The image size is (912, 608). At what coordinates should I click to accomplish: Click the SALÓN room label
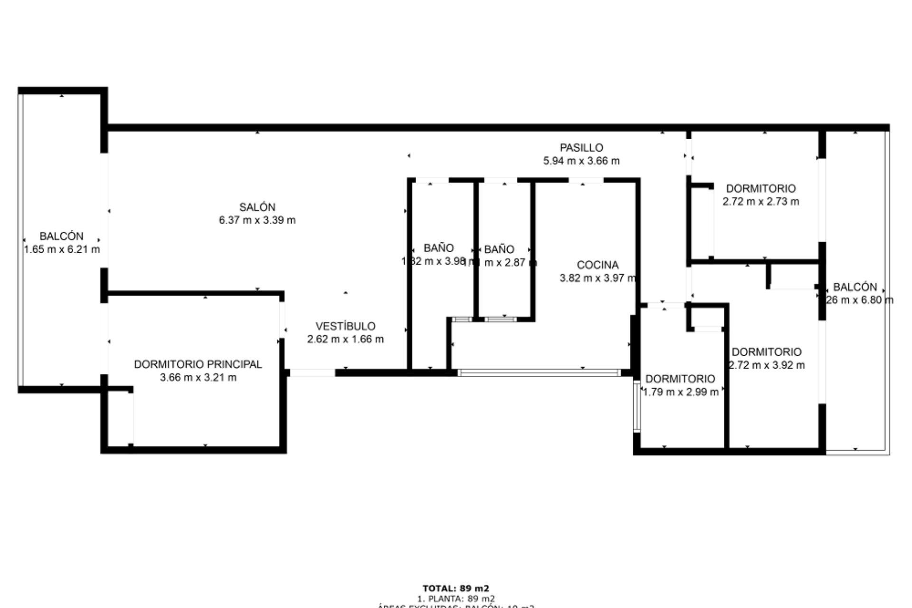[257, 207]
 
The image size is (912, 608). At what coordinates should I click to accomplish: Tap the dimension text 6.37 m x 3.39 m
[257, 220]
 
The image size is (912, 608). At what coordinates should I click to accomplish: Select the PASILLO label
[581, 148]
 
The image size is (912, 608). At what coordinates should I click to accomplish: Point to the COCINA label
[598, 265]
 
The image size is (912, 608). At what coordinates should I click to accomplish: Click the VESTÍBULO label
[345, 326]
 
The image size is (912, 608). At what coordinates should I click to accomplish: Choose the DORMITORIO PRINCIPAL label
[198, 364]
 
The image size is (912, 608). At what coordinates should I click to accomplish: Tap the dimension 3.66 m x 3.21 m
[198, 378]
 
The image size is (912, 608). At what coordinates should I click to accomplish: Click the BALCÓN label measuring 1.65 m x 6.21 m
[61, 236]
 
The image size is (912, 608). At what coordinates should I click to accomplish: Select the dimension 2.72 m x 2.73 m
[760, 201]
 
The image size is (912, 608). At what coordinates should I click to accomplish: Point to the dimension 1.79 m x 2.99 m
[680, 392]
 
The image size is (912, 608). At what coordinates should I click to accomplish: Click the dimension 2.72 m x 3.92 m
[767, 365]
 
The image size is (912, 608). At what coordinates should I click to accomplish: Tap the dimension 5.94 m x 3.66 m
[581, 161]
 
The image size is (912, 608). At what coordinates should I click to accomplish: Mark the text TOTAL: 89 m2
[456, 589]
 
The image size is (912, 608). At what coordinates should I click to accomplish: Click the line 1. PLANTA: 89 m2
[456, 598]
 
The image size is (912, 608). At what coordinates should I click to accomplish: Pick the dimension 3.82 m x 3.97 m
[598, 278]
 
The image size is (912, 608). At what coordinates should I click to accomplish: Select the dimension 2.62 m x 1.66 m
[345, 339]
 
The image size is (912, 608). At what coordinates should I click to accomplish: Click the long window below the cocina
[539, 373]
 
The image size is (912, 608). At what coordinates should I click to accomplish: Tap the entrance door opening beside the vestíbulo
[312, 373]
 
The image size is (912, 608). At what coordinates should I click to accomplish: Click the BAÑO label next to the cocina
[499, 249]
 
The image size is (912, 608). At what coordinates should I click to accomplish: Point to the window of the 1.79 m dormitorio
[636, 407]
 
